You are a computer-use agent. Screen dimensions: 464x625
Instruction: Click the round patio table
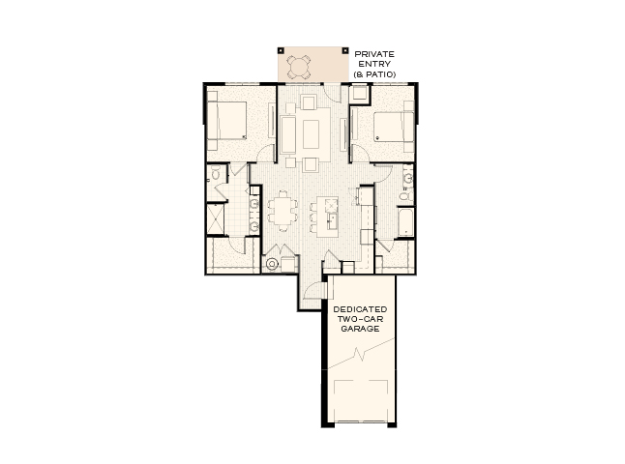coord(300,66)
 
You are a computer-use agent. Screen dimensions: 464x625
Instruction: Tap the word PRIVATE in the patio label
coord(375,54)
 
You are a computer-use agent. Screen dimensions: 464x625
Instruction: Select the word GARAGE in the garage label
coord(359,329)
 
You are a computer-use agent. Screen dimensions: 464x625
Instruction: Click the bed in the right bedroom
coord(385,127)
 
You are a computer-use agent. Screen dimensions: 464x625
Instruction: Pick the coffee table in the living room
coord(311,132)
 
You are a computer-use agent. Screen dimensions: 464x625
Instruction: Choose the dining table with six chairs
coord(283,210)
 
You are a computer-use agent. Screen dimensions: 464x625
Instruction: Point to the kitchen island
coord(326,215)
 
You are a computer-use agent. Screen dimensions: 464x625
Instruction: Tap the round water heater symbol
coord(272,262)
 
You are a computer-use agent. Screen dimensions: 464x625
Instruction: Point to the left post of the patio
coord(280,49)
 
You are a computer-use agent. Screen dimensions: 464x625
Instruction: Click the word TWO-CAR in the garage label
coord(359,318)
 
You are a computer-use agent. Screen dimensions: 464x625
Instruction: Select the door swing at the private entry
coord(331,93)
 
